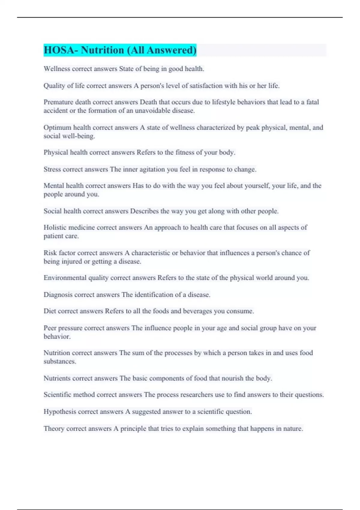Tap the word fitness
185,152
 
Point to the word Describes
144,211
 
